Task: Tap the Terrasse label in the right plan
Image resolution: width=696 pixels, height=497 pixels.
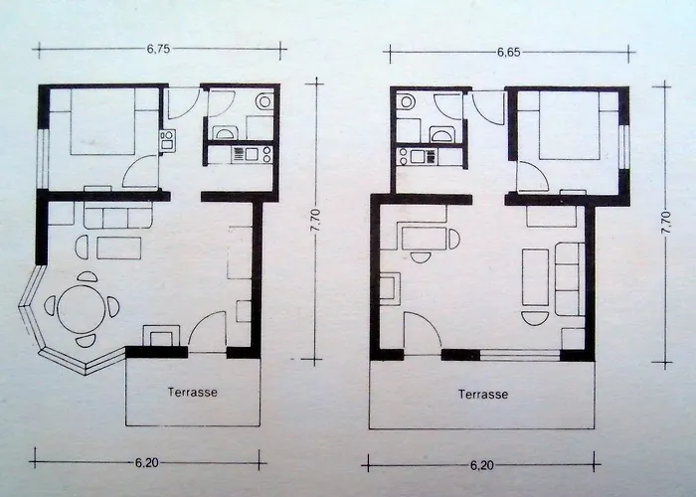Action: pyautogui.click(x=483, y=394)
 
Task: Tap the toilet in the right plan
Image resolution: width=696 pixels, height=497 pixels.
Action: pyautogui.click(x=406, y=102)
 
